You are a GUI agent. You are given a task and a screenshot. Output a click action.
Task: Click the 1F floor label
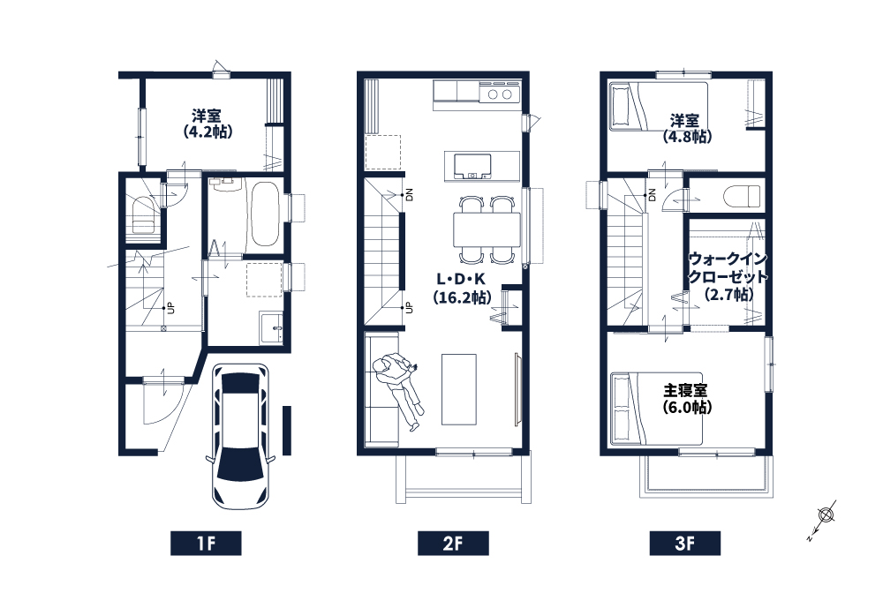(x=206, y=544)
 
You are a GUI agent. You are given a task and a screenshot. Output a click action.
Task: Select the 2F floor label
(x=453, y=544)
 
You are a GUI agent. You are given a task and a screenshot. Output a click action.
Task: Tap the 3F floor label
(x=685, y=544)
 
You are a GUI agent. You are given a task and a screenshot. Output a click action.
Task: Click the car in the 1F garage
(x=240, y=436)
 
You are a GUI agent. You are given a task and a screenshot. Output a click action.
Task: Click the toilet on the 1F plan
(x=143, y=216)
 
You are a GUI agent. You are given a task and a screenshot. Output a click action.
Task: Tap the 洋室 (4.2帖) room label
(x=207, y=124)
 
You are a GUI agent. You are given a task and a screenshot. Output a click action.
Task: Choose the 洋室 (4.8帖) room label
(x=686, y=128)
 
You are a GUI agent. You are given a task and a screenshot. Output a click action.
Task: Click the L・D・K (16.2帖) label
(x=461, y=289)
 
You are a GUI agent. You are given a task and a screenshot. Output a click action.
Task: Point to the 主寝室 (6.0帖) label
(x=686, y=398)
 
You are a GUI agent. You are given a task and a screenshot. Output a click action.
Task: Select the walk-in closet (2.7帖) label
(x=728, y=276)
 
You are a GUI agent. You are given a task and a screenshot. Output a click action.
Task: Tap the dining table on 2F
(x=487, y=229)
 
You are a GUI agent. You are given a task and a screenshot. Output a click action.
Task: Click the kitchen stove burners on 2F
(x=500, y=94)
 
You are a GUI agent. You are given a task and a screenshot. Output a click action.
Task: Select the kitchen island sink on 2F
(x=472, y=167)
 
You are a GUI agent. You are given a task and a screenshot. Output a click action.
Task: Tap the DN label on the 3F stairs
(x=653, y=195)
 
